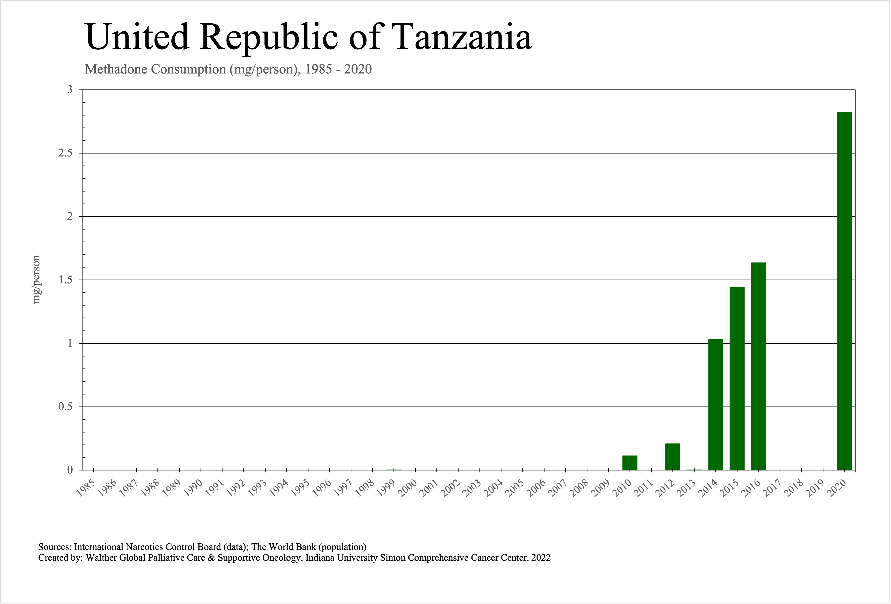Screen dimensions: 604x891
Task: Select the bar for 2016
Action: pyautogui.click(x=758, y=366)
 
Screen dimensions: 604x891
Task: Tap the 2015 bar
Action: pyautogui.click(x=737, y=378)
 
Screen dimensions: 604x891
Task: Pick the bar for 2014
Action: pyautogui.click(x=715, y=405)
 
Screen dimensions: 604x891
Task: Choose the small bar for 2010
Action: pyautogui.click(x=629, y=463)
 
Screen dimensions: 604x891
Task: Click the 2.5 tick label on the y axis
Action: pyautogui.click(x=65, y=153)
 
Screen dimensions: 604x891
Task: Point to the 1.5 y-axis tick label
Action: pyautogui.click(x=65, y=280)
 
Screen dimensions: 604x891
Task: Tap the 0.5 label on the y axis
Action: pyautogui.click(x=65, y=407)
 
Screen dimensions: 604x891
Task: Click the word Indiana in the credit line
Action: pyautogui.click(x=320, y=558)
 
